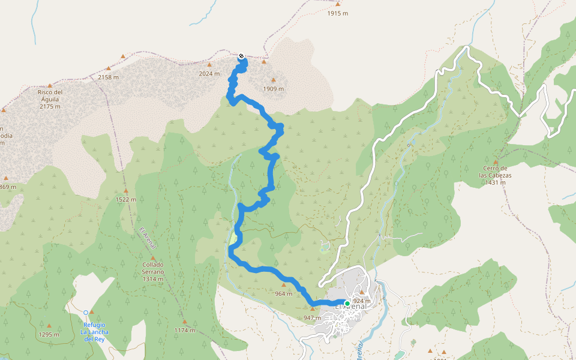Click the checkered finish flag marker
pyautogui.click(x=241, y=56)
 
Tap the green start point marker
pyautogui.click(x=347, y=303)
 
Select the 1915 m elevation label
pyautogui.click(x=338, y=13)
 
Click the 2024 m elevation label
pyautogui.click(x=209, y=74)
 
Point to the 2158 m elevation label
pyautogui.click(x=108, y=77)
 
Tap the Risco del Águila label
pyautogui.click(x=50, y=99)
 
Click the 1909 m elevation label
pyautogui.click(x=274, y=89)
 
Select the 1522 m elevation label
pyautogui.click(x=126, y=199)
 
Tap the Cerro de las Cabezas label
pyautogui.click(x=495, y=172)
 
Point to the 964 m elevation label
pyautogui.click(x=283, y=293)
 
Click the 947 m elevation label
pyautogui.click(x=313, y=317)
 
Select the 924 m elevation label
pyautogui.click(x=362, y=301)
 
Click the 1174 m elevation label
pyautogui.click(x=185, y=330)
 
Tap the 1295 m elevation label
pyautogui.click(x=49, y=334)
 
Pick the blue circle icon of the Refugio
pyautogui.click(x=86, y=313)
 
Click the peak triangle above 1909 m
pyautogui.click(x=274, y=80)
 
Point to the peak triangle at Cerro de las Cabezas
pyautogui.click(x=496, y=162)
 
